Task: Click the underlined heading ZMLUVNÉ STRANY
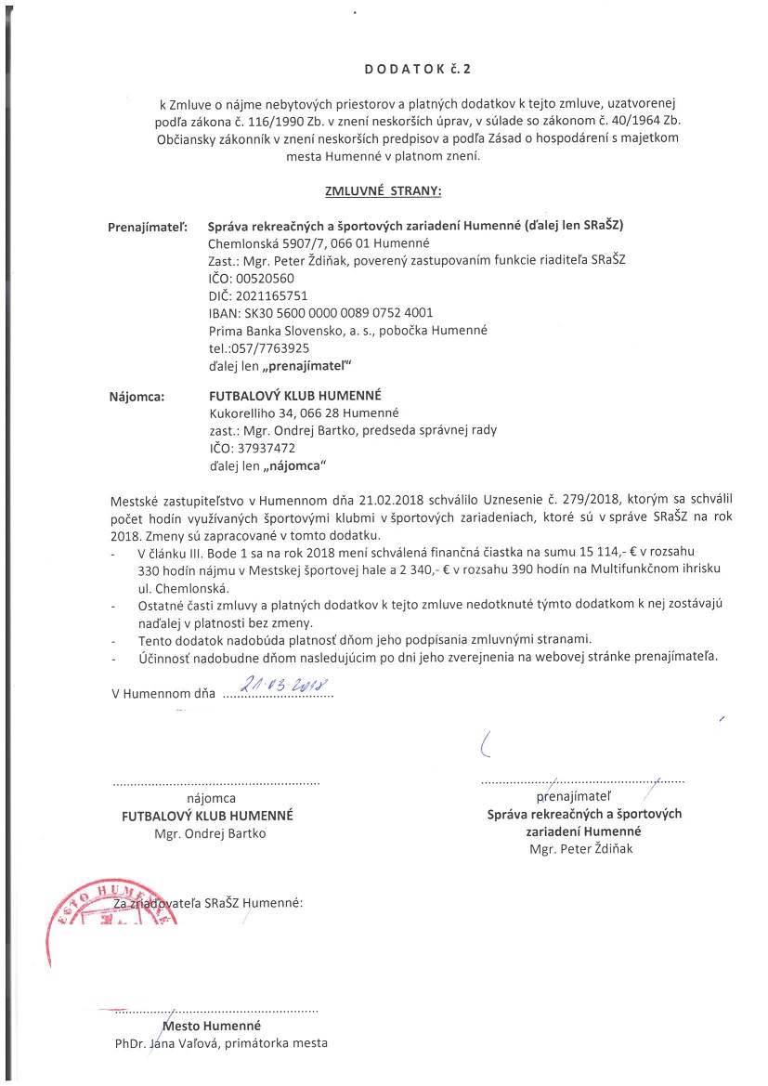click(x=383, y=190)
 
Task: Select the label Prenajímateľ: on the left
click(x=148, y=226)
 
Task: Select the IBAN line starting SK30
click(x=320, y=313)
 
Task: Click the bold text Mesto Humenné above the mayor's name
click(x=212, y=1026)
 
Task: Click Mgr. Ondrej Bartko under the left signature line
click(x=210, y=833)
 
